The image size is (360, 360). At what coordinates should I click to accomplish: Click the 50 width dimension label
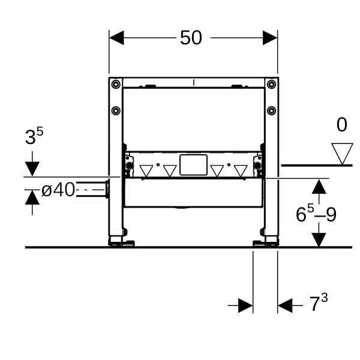[191, 38]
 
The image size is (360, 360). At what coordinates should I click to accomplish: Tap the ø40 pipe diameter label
[58, 190]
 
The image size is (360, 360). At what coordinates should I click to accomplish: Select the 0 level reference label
[341, 125]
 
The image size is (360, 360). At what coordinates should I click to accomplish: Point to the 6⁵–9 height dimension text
[316, 214]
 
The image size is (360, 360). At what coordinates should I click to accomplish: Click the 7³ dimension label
[319, 302]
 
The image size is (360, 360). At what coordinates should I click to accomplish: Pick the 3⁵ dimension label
[34, 136]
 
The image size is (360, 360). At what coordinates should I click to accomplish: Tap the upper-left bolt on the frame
[116, 84]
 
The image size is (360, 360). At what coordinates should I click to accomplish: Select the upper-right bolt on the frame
[271, 84]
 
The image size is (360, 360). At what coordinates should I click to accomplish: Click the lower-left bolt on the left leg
[116, 110]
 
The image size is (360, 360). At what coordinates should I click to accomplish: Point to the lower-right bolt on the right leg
[271, 110]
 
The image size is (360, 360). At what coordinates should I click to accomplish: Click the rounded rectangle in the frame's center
[194, 165]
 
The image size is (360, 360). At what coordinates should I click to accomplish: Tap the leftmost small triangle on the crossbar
[146, 171]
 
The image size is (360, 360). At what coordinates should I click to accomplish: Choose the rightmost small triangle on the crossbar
[241, 171]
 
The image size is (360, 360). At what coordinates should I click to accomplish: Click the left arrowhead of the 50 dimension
[116, 38]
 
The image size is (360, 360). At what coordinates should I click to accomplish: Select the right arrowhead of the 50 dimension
[270, 38]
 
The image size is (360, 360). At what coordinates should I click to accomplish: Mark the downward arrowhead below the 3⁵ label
[32, 169]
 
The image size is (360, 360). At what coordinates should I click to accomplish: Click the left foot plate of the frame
[122, 244]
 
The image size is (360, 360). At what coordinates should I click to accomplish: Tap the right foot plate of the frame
[266, 244]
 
